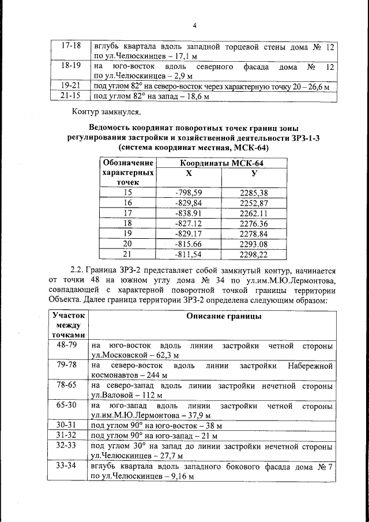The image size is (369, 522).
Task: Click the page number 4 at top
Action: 194,26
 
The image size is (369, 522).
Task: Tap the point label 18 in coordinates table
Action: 128,223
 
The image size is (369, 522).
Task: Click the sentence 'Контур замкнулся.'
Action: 106,111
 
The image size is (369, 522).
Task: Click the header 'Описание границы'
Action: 225,316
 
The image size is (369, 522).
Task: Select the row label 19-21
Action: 70,86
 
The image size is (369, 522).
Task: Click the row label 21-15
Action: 70,96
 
